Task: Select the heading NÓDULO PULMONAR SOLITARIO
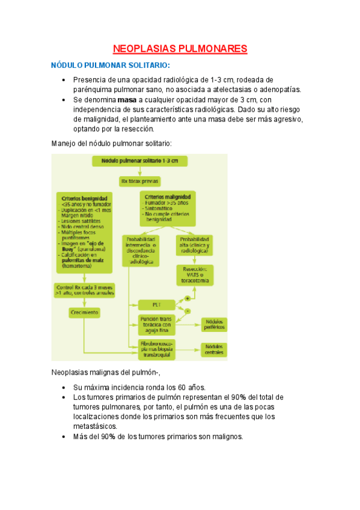[x=111, y=65]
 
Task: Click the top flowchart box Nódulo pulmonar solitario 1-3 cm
[x=139, y=161]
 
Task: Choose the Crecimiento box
[x=84, y=313]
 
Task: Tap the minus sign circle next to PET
[x=188, y=310]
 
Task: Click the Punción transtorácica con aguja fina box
[x=156, y=325]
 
